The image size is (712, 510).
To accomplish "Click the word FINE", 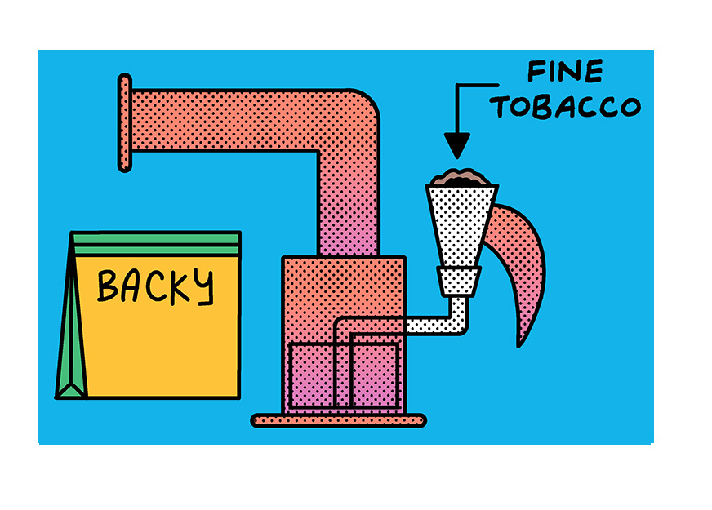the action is pos(565,71).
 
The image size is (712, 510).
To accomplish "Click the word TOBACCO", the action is pos(565,107).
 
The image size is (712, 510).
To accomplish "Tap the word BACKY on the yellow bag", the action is pos(155,286).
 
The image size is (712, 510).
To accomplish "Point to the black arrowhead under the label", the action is pos(456,145).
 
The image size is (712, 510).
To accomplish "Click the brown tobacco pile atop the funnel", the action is pos(461,177).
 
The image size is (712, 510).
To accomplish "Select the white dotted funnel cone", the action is pos(461,225).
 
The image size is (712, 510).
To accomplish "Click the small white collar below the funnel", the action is pos(459,282).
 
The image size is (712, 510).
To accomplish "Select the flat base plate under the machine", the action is pos(339,420).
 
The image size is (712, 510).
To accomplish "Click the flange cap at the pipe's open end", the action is pos(125,122).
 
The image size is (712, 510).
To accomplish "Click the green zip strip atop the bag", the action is pos(157,244).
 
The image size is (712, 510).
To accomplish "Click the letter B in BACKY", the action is pos(107,286).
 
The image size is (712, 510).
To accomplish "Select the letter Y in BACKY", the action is pos(204,286).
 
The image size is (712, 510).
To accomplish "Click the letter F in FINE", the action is pos(536,71).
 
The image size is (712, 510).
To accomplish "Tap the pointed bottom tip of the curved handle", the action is pos(518,347).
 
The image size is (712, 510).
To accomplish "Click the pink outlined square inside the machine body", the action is pos(345,375).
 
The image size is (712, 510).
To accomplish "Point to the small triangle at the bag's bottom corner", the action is pos(71,391).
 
